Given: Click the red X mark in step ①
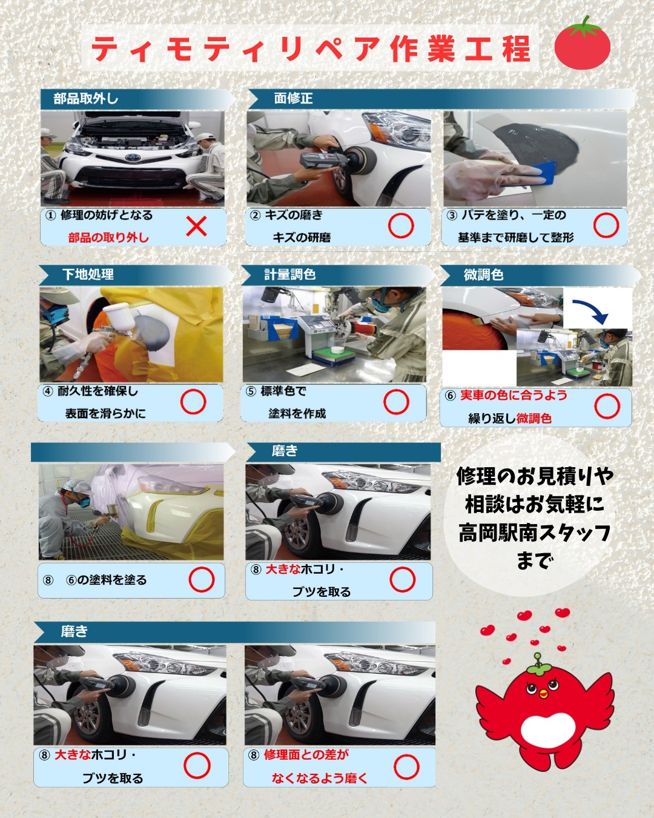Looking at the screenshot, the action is pos(197,226).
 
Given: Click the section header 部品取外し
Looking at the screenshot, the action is pos(86,99).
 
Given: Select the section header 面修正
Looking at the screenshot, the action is pos(293,99).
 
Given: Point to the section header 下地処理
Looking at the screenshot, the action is pos(88,274).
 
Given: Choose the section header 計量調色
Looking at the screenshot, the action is pos(290,274).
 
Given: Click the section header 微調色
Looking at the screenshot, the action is pos(483,274).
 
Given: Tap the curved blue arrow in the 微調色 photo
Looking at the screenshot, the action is pos(593,307).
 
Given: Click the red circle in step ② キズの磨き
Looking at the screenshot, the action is pos(401,226).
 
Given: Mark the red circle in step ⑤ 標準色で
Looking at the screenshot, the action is pos(397,402).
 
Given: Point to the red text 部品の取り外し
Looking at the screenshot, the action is pos(108,238).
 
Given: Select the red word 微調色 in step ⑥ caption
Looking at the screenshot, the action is pos(534,419).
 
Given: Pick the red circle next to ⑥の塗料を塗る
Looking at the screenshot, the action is pos(202,580).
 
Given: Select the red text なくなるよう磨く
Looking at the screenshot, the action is pos(320,779).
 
